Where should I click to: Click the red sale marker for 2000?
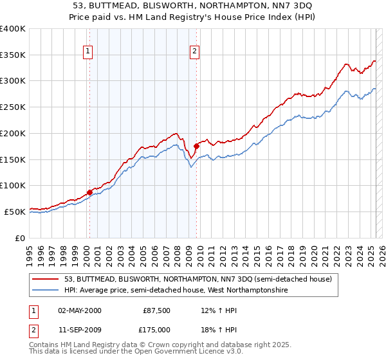pos(89,192)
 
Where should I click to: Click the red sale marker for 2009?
pos(196,146)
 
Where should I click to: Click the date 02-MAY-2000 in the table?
pos(80,310)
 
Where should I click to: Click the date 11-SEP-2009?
pos(80,330)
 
